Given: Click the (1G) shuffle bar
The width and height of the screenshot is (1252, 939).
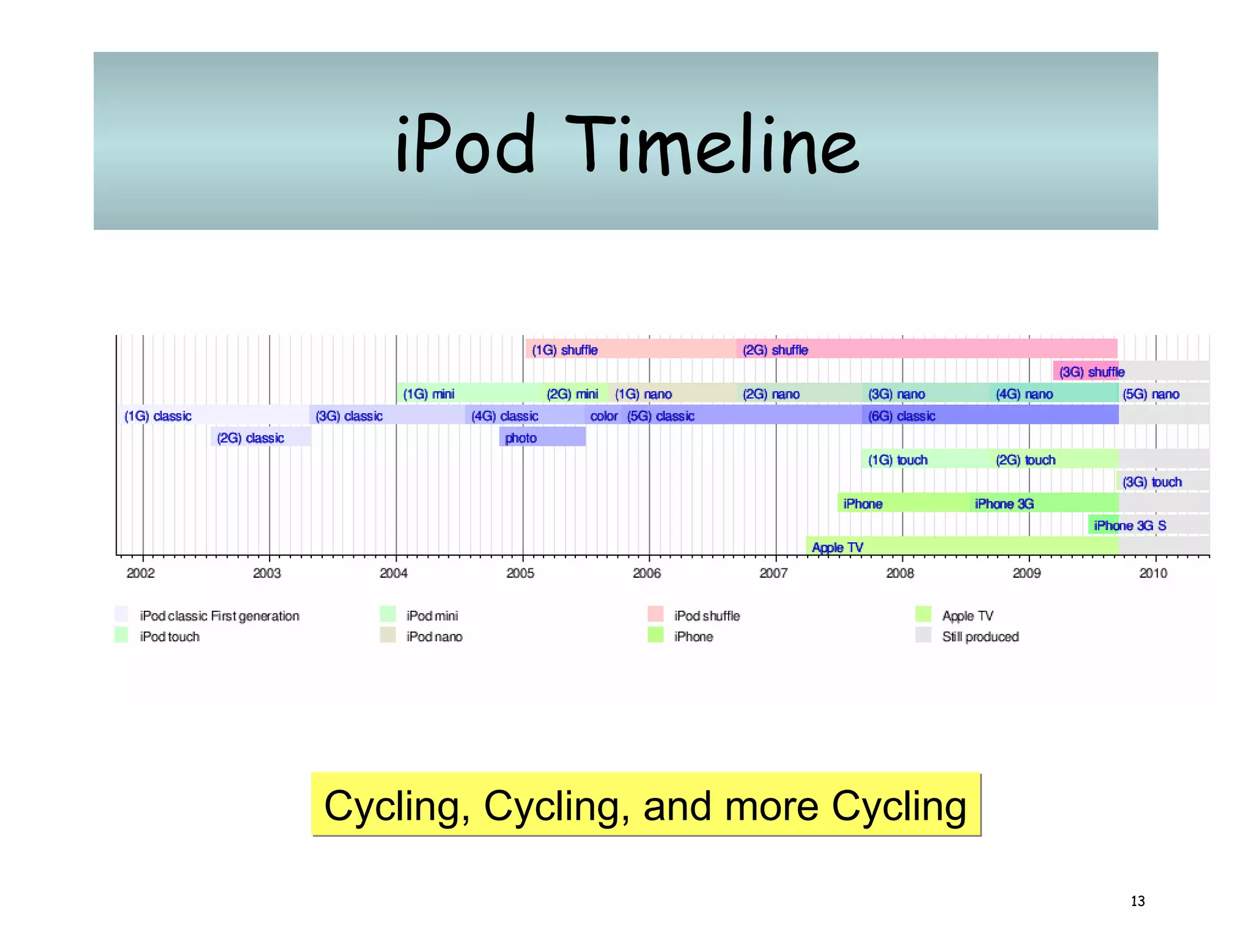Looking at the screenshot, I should pos(630,350).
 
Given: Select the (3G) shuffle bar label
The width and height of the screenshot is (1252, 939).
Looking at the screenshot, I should pos(1092,372).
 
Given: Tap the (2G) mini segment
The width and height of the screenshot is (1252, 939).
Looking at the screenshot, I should pos(573,394).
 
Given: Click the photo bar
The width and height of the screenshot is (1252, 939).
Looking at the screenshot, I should pos(542,438).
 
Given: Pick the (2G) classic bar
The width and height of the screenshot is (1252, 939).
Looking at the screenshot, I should pos(260,438).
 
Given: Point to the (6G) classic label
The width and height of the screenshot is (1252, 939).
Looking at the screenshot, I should pos(902,416).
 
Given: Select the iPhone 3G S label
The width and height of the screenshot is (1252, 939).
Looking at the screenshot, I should pos(1130,525).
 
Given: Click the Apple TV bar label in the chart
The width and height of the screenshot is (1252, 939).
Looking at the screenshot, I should pos(837,547).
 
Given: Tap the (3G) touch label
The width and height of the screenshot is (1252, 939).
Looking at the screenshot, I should pos(1152,482).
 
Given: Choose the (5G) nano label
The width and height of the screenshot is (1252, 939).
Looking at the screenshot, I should pos(1151,394).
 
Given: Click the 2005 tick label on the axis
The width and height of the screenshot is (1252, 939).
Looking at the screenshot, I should pos(520,573).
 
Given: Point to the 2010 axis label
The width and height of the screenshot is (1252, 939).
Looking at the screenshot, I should pos(1153,573).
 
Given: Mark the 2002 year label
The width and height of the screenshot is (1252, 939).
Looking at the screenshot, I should pos(141,573).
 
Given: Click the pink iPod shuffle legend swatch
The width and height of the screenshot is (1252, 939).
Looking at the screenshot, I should pos(655,614).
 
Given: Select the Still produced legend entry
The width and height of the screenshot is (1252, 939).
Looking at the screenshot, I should pos(980,636).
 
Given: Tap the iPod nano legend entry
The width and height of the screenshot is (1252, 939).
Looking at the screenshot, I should pos(434,636).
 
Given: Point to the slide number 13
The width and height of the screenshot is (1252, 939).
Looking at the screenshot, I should pos(1137,901).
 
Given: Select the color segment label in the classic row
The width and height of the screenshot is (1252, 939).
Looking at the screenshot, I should pos(603,416).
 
